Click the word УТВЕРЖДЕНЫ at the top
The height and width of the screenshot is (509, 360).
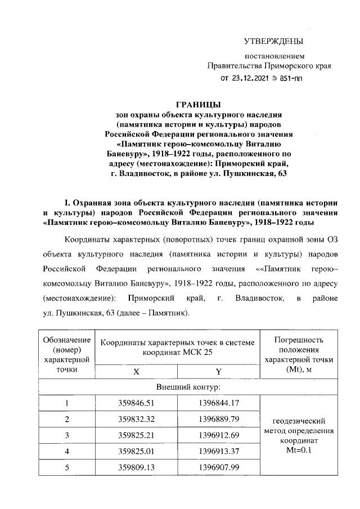tap(273, 41)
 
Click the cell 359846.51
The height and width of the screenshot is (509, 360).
tap(136, 403)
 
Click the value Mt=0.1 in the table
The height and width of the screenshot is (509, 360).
tap(299, 451)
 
